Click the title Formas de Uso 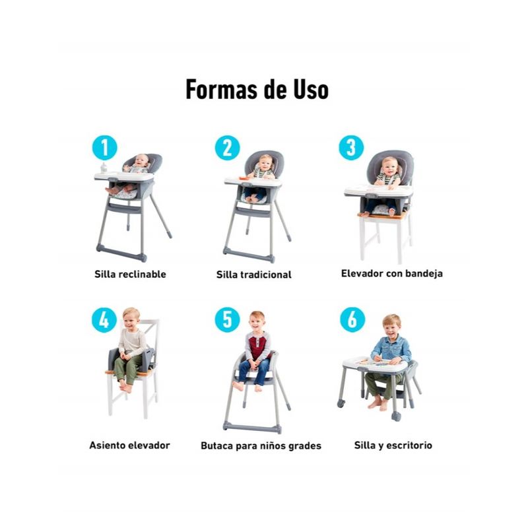(257, 90)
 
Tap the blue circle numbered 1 (105, 147)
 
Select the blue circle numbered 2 (228, 148)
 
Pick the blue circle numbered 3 (351, 147)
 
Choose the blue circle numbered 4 (104, 319)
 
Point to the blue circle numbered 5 (228, 319)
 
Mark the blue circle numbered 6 (352, 319)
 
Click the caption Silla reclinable (130, 274)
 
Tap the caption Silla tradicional (254, 275)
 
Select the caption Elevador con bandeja (392, 273)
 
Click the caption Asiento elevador (129, 445)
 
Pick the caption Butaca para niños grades (261, 446)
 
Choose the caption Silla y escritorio (393, 445)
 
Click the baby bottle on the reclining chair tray (104, 168)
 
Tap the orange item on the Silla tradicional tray (243, 178)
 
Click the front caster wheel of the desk (396, 416)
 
